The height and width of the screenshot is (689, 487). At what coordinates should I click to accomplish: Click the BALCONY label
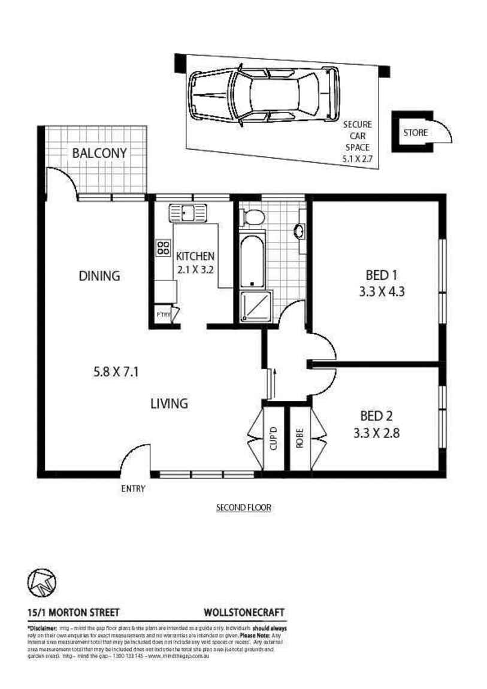(99, 153)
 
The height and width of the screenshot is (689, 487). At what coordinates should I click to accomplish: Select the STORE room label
(416, 132)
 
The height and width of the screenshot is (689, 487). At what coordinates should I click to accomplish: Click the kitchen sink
(187, 212)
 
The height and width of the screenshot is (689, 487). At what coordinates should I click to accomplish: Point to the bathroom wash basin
(300, 231)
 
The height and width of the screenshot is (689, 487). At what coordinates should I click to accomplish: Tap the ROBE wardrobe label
(300, 438)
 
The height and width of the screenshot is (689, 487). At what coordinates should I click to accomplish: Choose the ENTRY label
(133, 489)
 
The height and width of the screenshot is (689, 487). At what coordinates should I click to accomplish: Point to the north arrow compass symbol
(42, 582)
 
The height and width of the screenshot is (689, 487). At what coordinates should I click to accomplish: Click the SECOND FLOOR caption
(244, 507)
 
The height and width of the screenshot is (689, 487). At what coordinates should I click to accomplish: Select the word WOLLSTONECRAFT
(244, 613)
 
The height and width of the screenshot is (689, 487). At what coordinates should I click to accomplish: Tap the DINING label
(99, 276)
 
